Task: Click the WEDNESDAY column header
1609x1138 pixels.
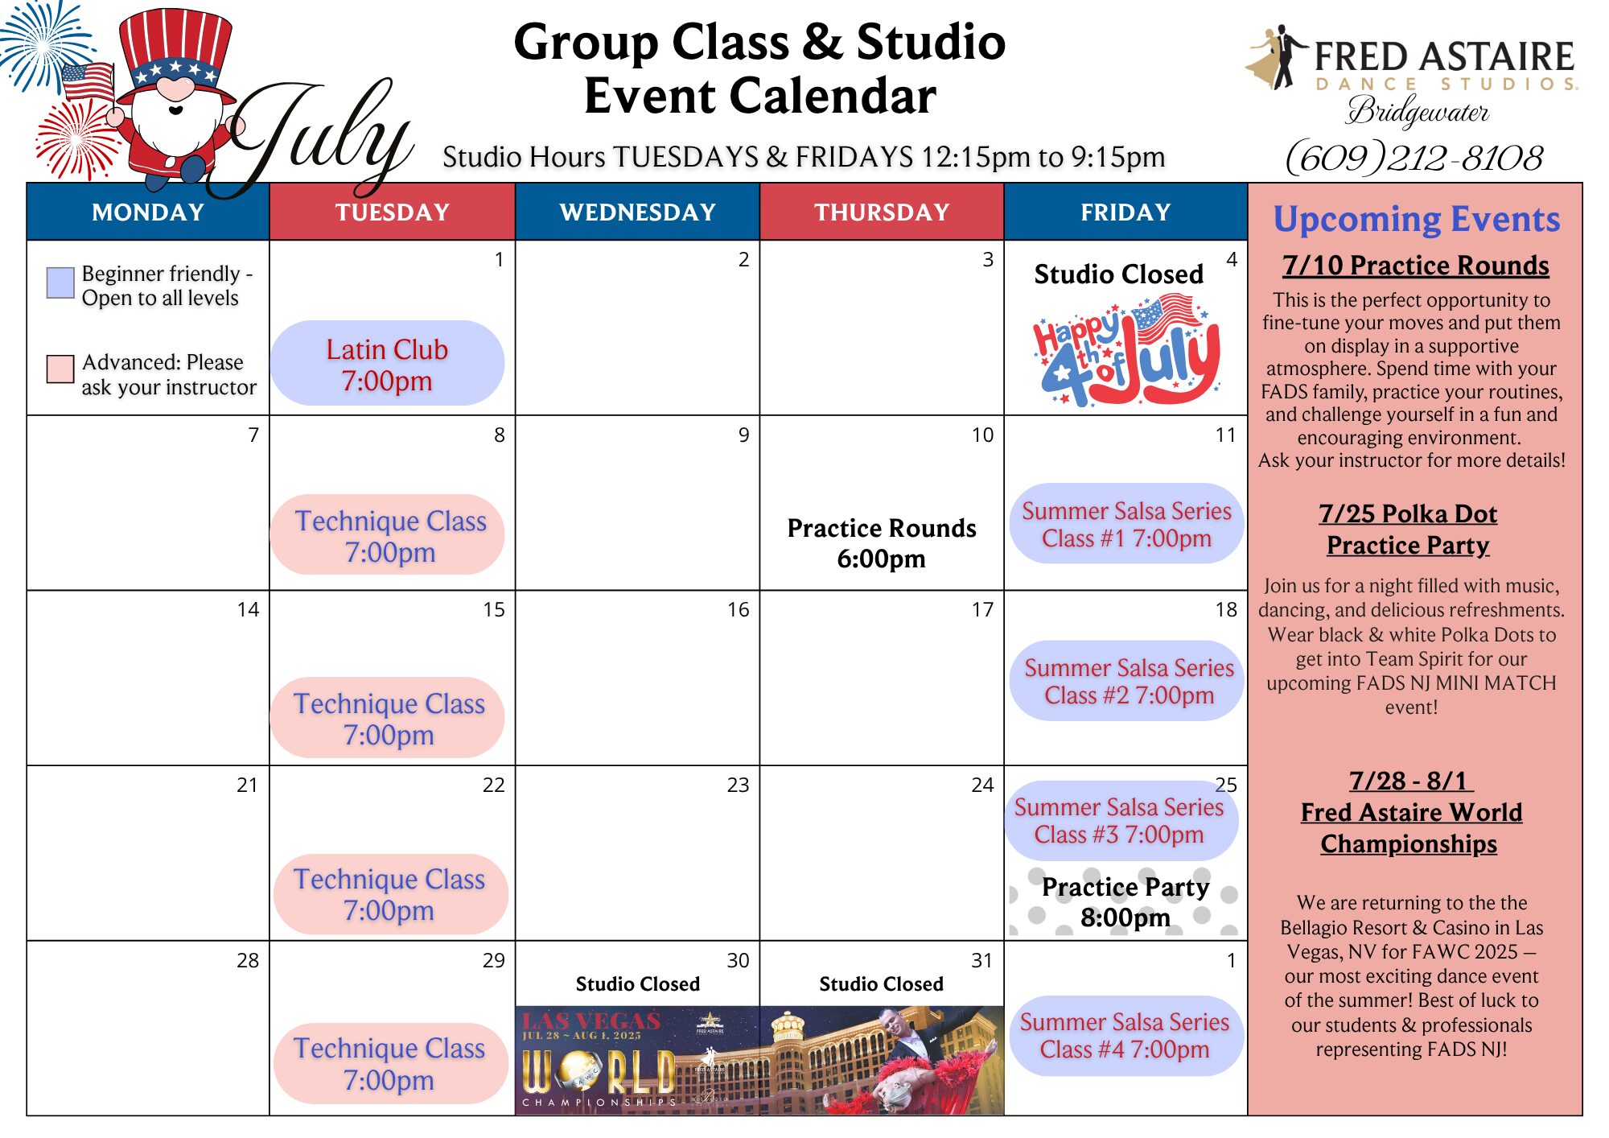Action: [x=637, y=212]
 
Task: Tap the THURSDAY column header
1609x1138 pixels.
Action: [x=882, y=212]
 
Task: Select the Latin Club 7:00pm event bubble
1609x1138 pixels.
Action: [x=387, y=364]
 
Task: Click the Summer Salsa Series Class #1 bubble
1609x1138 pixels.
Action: [x=1126, y=524]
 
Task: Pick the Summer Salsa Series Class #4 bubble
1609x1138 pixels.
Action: [x=1126, y=1036]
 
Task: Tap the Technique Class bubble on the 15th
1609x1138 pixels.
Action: [x=389, y=718]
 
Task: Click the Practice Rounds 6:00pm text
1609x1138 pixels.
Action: [x=882, y=543]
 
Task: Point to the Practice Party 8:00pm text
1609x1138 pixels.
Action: [x=1125, y=901]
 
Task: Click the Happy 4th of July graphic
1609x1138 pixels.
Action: [x=1126, y=350]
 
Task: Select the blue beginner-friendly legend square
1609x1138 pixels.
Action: [x=60, y=282]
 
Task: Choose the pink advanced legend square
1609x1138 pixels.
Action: [x=60, y=369]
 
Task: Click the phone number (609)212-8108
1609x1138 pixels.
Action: [x=1414, y=157]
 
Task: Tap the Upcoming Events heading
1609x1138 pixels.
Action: [x=1417, y=220]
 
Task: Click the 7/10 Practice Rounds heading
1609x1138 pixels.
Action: [x=1416, y=266]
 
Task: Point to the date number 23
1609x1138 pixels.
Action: [x=738, y=785]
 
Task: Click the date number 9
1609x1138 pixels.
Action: [x=743, y=435]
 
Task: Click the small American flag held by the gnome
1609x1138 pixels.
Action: [x=88, y=82]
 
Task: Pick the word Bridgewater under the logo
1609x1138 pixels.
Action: [x=1418, y=111]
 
